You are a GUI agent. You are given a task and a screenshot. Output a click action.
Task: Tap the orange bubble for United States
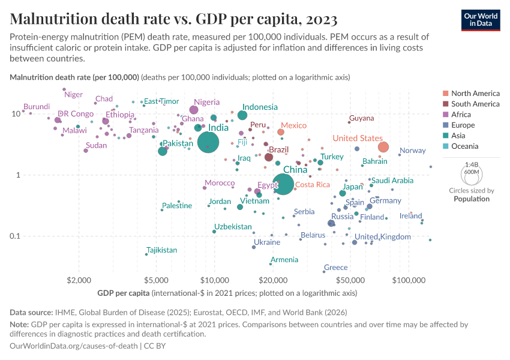(383, 147)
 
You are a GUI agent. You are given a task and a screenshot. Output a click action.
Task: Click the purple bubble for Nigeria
(194, 110)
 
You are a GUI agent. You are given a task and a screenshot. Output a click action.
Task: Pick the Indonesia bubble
(242, 115)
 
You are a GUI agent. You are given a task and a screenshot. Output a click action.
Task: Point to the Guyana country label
(361, 118)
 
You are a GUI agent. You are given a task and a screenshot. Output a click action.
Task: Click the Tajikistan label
(161, 250)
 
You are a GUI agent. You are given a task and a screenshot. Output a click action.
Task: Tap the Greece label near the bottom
(335, 268)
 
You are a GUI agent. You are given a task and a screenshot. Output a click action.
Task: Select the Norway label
(412, 151)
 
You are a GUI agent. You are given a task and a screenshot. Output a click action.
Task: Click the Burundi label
(36, 106)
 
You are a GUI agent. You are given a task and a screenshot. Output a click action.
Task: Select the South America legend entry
(475, 104)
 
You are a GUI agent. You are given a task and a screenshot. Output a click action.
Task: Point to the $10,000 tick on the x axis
(215, 280)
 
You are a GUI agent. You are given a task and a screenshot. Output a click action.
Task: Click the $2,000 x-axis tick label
(79, 280)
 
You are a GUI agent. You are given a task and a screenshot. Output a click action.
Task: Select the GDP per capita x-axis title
(124, 293)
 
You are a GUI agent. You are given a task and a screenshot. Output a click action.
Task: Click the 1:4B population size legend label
(472, 164)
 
